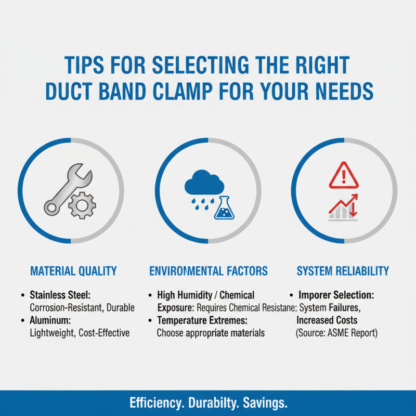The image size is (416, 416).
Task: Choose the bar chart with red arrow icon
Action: (343, 207)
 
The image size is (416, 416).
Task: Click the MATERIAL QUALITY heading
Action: (73, 271)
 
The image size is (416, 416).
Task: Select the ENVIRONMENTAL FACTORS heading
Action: (209, 271)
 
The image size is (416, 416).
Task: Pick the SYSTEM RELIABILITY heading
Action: (343, 271)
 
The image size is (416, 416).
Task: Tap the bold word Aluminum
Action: (50, 320)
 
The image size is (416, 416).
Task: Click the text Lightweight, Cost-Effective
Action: (79, 332)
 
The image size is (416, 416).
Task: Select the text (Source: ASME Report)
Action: (336, 332)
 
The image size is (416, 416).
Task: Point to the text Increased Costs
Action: (327, 320)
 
